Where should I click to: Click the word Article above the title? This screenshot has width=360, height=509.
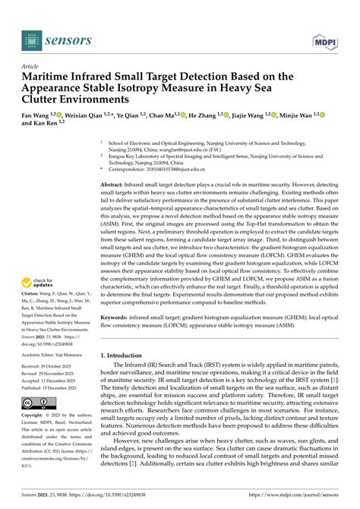pyautogui.click(x=32, y=67)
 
